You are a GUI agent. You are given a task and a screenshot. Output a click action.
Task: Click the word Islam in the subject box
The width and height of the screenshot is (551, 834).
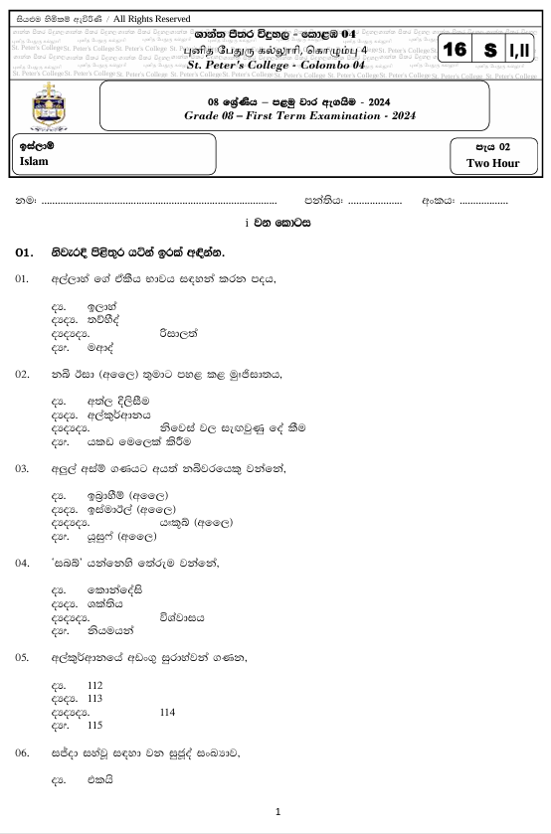[34, 161]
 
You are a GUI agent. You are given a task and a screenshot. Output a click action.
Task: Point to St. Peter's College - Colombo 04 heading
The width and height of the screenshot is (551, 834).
[276, 65]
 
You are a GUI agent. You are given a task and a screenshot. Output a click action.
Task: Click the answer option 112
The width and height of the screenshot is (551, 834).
[95, 686]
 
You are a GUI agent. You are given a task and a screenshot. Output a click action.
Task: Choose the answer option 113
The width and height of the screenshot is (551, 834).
[95, 699]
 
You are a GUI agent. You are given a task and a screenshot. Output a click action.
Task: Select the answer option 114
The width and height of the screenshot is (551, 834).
[167, 712]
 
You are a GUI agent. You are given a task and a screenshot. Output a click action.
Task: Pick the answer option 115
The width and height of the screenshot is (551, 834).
[95, 726]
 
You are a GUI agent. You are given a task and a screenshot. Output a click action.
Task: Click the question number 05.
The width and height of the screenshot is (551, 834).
[22, 658]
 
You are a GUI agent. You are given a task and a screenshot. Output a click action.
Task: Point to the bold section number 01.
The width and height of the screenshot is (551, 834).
[25, 252]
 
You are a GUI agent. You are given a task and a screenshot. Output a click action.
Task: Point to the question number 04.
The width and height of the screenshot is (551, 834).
[22, 563]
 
